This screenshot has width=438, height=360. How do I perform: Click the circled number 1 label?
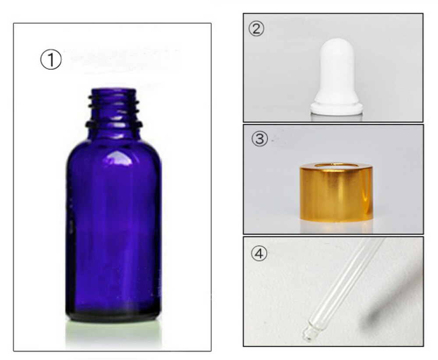pyautogui.click(x=51, y=60)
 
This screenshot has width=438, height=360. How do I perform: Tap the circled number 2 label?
pyautogui.click(x=257, y=29)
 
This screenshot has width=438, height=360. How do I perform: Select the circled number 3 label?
pyautogui.click(x=259, y=139)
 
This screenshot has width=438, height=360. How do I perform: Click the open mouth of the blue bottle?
pyautogui.click(x=113, y=92)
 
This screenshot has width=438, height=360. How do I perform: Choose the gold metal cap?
pyautogui.click(x=336, y=193)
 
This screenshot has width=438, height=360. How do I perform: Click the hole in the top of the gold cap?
pyautogui.click(x=336, y=165)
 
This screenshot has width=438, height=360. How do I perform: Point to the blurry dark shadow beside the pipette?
pyautogui.click(x=385, y=307)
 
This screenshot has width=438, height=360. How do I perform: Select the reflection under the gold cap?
pyautogui.click(x=336, y=226)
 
